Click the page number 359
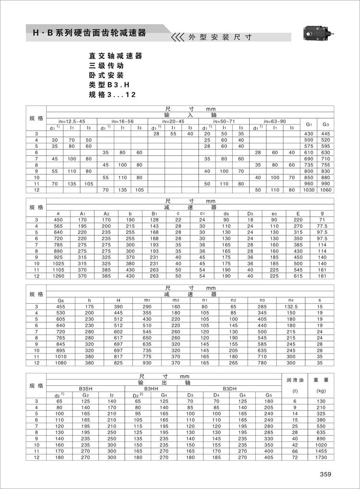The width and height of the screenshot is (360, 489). coord(325,474)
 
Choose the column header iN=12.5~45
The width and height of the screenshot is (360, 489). coord(72,122)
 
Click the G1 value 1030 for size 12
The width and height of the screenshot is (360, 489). coord(309,190)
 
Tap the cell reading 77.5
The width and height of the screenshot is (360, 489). coord(322,225)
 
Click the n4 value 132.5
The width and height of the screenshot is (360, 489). coord(291,306)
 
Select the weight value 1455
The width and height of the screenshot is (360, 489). coord(321,451)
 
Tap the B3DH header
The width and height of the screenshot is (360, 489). coord(229,389)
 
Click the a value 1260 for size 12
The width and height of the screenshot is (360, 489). coord(58,276)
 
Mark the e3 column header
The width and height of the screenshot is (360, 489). coord(274,213)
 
